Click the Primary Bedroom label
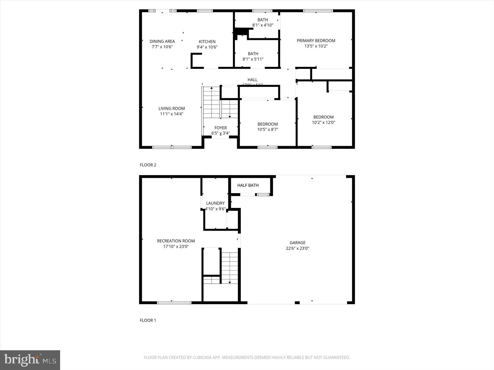pyautogui.click(x=316, y=41)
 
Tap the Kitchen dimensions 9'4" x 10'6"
pyautogui.click(x=207, y=47)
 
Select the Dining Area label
pyautogui.click(x=162, y=41)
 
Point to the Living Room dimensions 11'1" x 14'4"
pyautogui.click(x=172, y=114)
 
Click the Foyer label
pyautogui.click(x=220, y=128)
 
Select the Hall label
pyautogui.click(x=252, y=80)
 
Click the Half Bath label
pyautogui.click(x=248, y=185)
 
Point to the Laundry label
pyautogui.click(x=215, y=203)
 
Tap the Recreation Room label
pyautogui.click(x=176, y=241)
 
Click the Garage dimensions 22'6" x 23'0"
pyautogui.click(x=297, y=248)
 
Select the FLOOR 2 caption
pyautogui.click(x=148, y=165)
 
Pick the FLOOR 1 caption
pyautogui.click(x=148, y=320)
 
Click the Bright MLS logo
pyautogui.click(x=30, y=360)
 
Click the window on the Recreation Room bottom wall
pyautogui.click(x=174, y=303)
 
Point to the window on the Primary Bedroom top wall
pyautogui.click(x=318, y=11)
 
